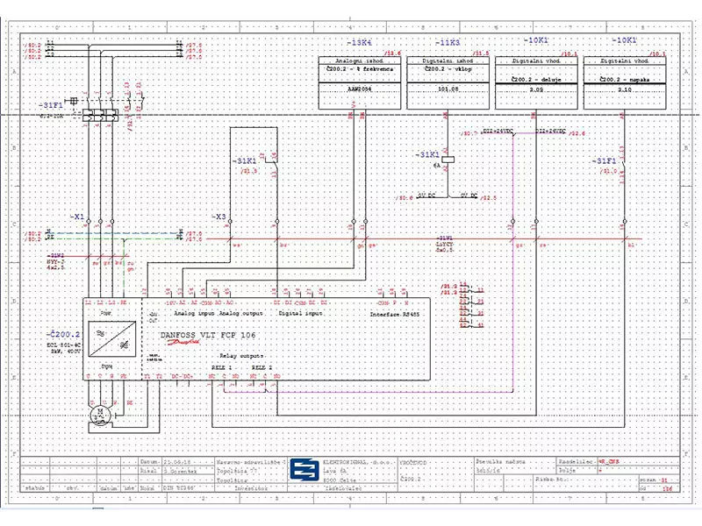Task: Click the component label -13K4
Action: pyautogui.click(x=361, y=41)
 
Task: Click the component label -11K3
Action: pyautogui.click(x=449, y=41)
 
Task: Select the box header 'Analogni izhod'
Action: pyautogui.click(x=361, y=61)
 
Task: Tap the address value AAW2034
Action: pyautogui.click(x=361, y=89)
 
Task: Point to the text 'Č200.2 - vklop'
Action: pyautogui.click(x=449, y=69)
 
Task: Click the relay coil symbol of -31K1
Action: pyautogui.click(x=448, y=160)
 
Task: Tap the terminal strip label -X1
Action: pyautogui.click(x=76, y=216)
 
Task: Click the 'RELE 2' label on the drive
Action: pyautogui.click(x=262, y=367)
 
